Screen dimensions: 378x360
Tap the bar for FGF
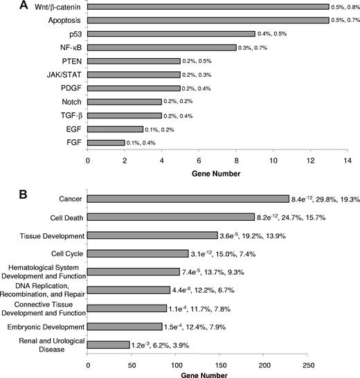click(106, 143)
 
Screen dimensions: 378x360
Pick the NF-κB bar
click(161, 48)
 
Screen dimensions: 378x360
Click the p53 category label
click(74, 34)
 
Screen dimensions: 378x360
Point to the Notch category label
click(71, 102)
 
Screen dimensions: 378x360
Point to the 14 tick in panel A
click(347, 159)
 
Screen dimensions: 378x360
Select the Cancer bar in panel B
click(188, 199)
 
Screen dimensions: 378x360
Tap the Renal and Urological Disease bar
click(109, 344)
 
